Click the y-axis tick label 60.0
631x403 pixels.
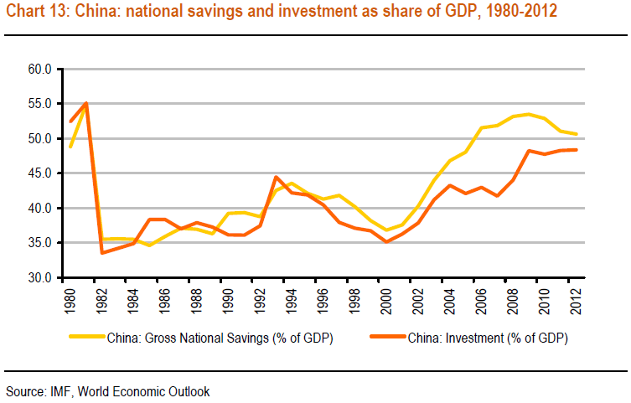[x=39, y=69]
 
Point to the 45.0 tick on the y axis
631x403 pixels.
[x=39, y=173]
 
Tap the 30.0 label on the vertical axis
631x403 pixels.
[x=39, y=277]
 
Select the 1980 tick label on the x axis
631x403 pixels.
[x=70, y=299]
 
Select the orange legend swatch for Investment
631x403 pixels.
[x=388, y=339]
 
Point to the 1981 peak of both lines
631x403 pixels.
[x=85, y=103]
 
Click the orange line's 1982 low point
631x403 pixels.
[x=101, y=252]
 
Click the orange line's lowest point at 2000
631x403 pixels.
[x=386, y=241]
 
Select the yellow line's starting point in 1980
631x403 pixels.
[x=70, y=147]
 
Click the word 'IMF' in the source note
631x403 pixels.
[x=58, y=390]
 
